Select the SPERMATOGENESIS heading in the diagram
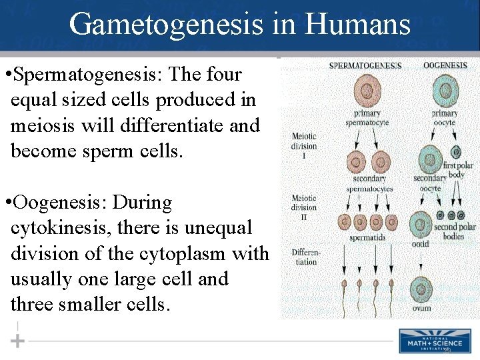coord(365,65)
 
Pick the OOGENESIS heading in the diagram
coord(445,65)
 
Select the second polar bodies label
coord(455,231)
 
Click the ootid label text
coord(420,243)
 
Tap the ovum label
coord(421,308)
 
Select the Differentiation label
coord(305,257)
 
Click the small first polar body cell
coord(456,151)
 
